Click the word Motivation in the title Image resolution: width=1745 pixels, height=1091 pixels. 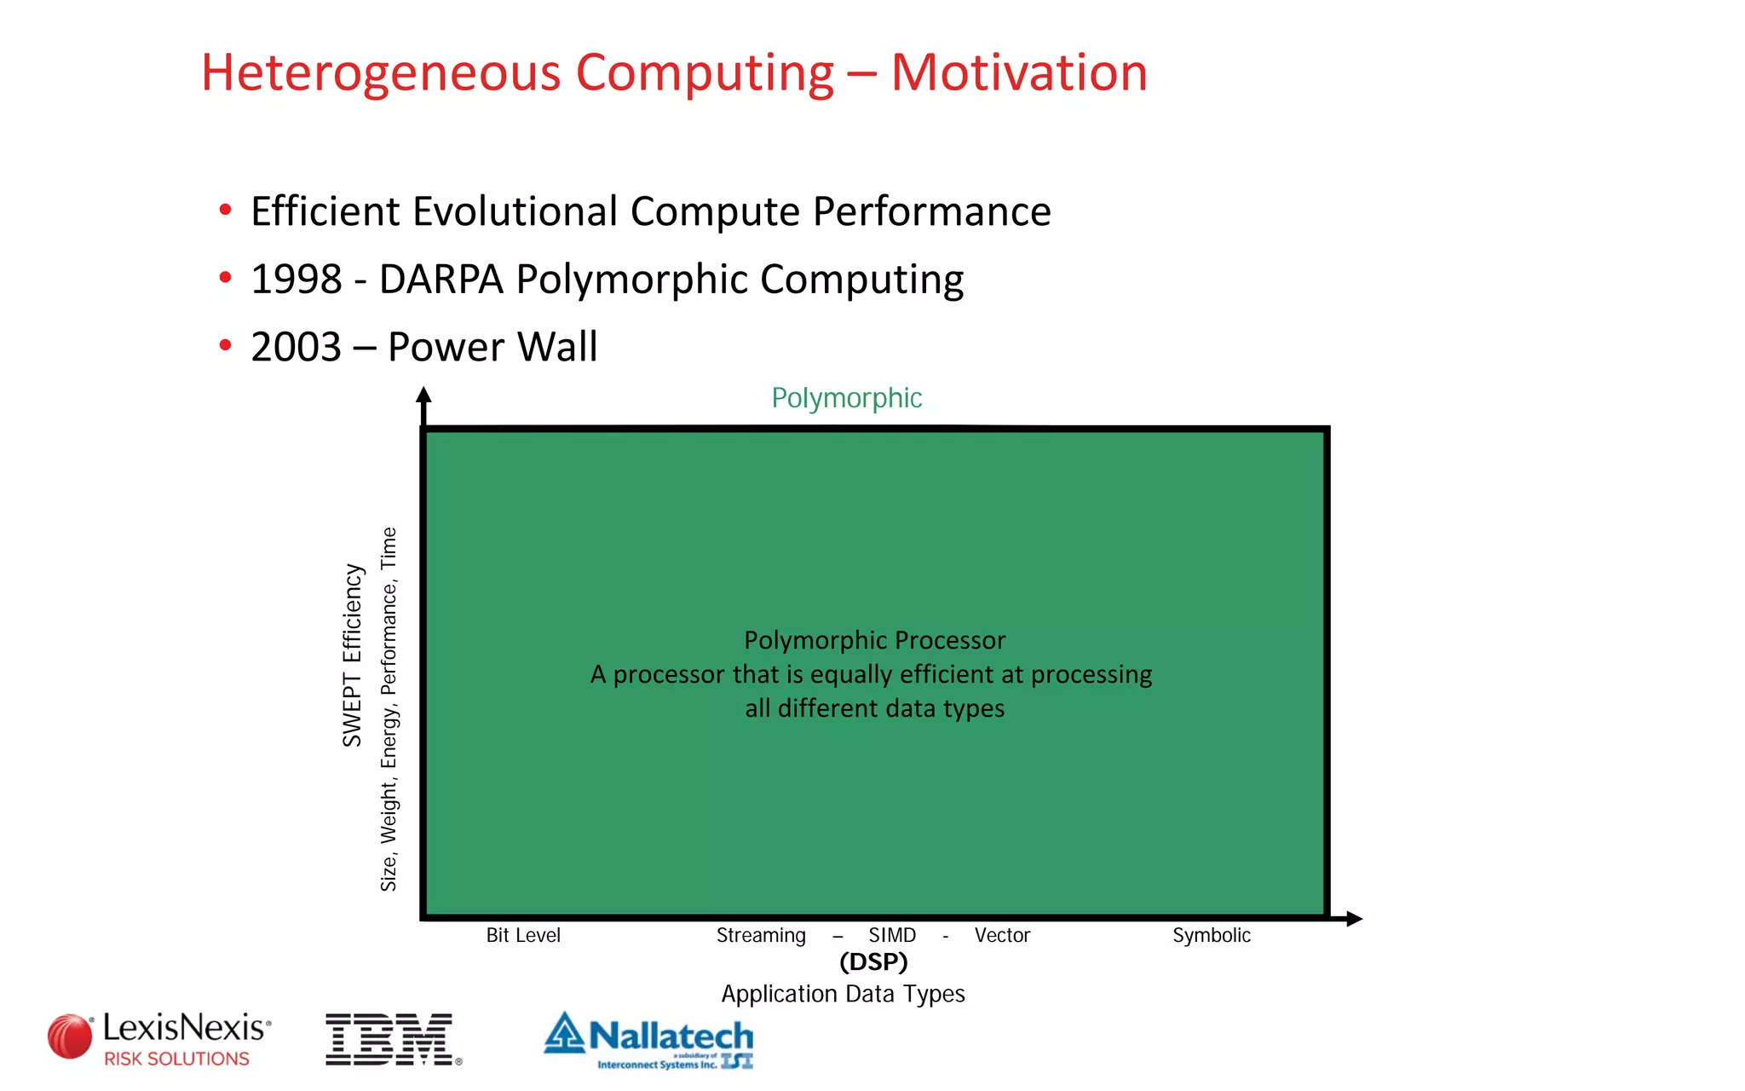tap(1019, 72)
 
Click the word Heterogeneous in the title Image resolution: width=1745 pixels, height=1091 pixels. tap(380, 72)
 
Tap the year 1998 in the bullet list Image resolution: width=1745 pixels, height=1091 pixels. tap(296, 280)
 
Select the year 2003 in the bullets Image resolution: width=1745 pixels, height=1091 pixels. tap(296, 347)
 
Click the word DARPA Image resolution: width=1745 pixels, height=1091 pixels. tap(441, 280)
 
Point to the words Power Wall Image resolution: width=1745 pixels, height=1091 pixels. tap(492, 347)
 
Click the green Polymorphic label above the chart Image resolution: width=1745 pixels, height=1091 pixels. tap(846, 398)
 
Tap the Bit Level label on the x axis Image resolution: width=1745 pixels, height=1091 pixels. tap(523, 935)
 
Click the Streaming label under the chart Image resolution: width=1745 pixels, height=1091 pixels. tap(761, 935)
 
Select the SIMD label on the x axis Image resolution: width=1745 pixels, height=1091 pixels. tap(892, 935)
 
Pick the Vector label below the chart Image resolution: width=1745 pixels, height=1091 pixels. tap(1002, 935)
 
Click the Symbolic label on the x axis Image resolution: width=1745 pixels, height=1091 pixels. tap(1211, 935)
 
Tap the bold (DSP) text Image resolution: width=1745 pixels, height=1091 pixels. tap(873, 961)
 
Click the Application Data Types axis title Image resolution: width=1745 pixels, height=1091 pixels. tap(843, 994)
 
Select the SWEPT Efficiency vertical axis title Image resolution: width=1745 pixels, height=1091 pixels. tap(353, 655)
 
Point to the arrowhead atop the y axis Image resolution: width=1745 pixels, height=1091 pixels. tap(423, 395)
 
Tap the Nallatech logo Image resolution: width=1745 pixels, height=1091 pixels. tap(649, 1039)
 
